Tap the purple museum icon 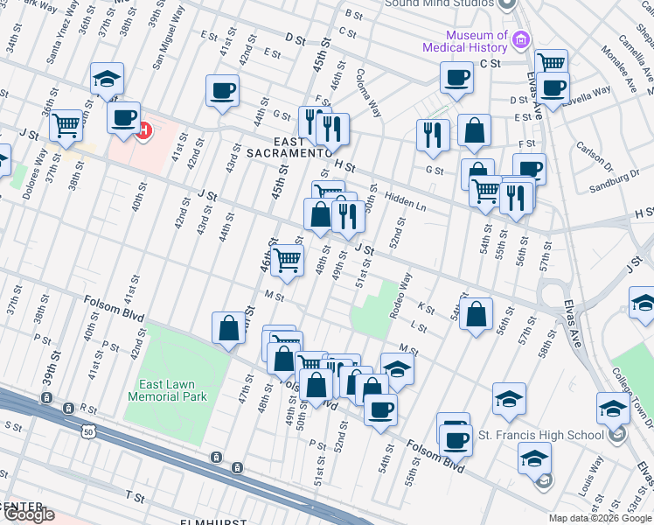(522, 39)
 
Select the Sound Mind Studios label (439, 3)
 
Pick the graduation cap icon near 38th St (107, 80)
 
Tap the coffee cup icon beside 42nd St (222, 90)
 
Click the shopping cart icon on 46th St (286, 260)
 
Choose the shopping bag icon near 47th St (228, 328)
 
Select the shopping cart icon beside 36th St (66, 126)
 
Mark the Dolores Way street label (35, 173)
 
